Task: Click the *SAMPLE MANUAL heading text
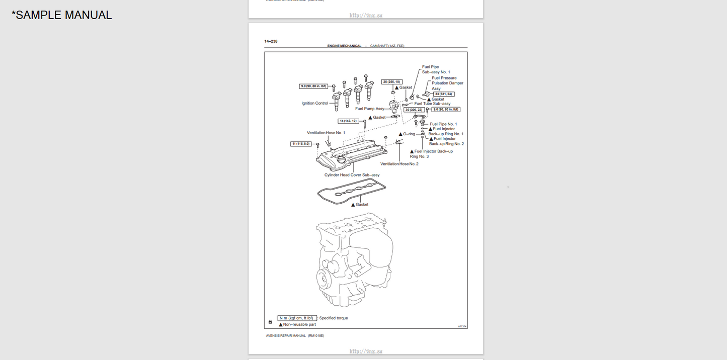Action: pyautogui.click(x=62, y=15)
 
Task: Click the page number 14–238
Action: pyautogui.click(x=271, y=41)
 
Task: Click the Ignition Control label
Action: pyautogui.click(x=314, y=104)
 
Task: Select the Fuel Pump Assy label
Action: pyautogui.click(x=369, y=109)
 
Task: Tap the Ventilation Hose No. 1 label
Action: pyautogui.click(x=326, y=133)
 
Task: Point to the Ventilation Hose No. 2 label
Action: pyautogui.click(x=399, y=164)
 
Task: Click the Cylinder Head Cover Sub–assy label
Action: pyautogui.click(x=352, y=175)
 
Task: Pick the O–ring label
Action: pyautogui.click(x=409, y=134)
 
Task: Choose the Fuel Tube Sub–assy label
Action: pyautogui.click(x=432, y=104)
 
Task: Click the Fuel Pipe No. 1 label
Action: pyautogui.click(x=443, y=124)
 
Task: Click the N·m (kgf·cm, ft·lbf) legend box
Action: pyautogui.click(x=297, y=318)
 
